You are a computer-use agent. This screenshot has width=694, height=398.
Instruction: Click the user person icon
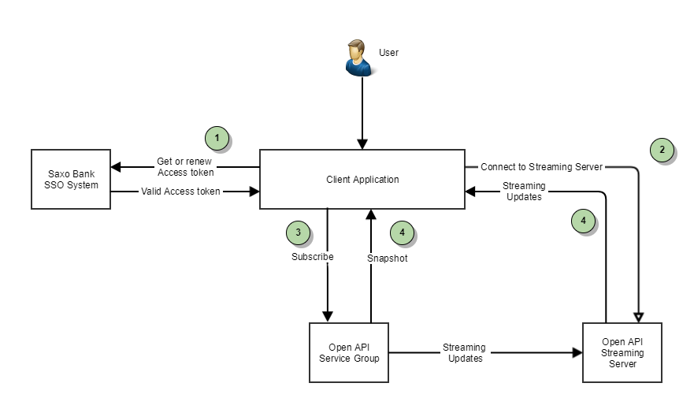359,59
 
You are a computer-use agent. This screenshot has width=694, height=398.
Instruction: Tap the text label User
389,53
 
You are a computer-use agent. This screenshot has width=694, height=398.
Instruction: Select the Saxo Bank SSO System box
71,179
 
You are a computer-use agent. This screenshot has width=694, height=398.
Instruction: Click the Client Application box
362,179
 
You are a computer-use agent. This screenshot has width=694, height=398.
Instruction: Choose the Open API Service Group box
349,352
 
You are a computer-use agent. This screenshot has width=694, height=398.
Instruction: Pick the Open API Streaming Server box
622,352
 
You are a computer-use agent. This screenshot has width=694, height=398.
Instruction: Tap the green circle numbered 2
662,150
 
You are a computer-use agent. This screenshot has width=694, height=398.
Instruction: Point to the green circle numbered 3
299,232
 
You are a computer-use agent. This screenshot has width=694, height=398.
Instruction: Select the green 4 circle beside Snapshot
403,232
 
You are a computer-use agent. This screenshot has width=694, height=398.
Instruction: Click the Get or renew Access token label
186,167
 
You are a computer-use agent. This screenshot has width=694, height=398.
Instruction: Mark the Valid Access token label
180,191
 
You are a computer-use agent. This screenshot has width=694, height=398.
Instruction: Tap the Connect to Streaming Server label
542,167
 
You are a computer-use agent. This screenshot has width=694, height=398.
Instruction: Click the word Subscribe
313,257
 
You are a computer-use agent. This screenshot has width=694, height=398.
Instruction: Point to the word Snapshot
388,258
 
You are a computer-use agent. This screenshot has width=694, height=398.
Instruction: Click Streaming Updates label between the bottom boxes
464,353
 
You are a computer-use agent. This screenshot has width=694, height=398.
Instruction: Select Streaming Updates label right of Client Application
523,192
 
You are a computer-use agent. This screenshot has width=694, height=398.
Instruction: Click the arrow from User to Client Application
362,110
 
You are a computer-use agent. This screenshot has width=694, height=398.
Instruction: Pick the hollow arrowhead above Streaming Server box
638,315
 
